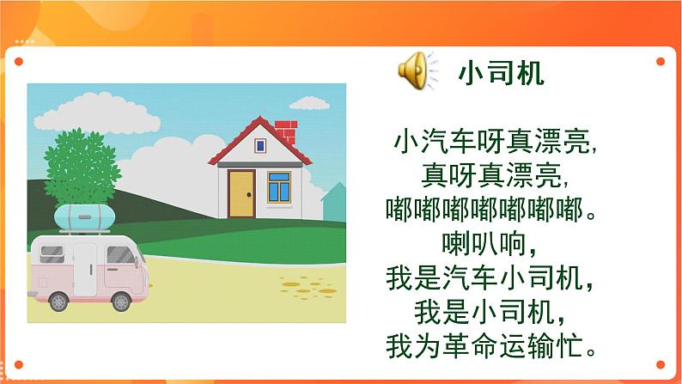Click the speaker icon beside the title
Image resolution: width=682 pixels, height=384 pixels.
tap(416, 68)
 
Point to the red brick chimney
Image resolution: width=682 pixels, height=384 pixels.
tap(285, 132)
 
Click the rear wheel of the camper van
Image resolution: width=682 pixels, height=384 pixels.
tap(58, 301)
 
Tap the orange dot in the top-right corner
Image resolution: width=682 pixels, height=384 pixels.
tap(661, 61)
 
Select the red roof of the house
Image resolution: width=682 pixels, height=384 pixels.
tap(258, 139)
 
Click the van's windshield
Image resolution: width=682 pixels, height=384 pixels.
tap(122, 255)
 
